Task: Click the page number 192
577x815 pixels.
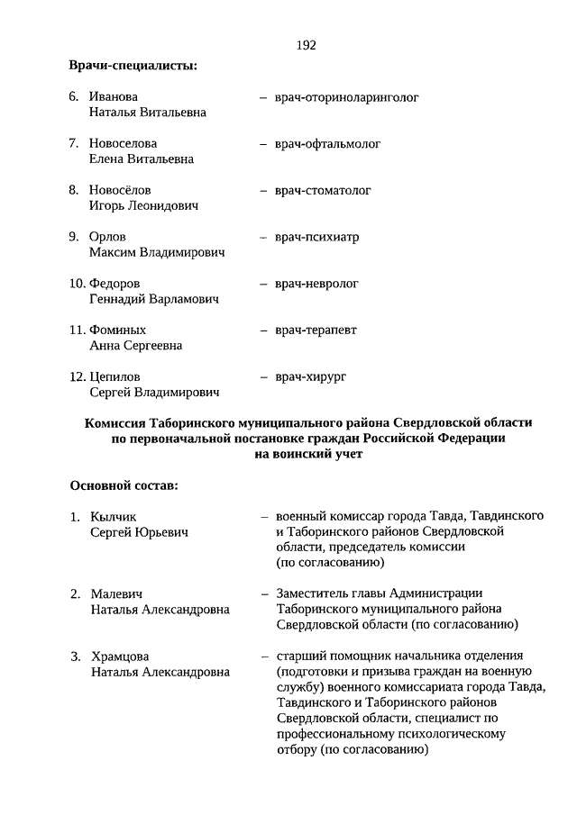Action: tap(306, 45)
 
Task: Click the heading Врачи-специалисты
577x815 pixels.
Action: tap(133, 66)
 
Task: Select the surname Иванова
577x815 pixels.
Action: tap(114, 96)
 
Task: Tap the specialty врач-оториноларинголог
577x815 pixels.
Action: tap(347, 96)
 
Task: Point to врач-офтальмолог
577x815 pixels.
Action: tap(328, 143)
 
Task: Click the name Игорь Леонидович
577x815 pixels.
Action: tap(143, 206)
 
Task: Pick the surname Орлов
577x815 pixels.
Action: tap(108, 237)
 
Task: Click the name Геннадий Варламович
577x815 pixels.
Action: tap(153, 299)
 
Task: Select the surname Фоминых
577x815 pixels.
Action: tap(117, 331)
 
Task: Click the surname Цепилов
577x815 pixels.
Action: tap(114, 376)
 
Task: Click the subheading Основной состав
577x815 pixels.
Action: tap(124, 485)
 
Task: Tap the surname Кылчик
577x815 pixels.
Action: tap(113, 517)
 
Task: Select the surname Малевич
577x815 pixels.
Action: tap(117, 593)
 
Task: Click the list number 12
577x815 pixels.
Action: tap(78, 376)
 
